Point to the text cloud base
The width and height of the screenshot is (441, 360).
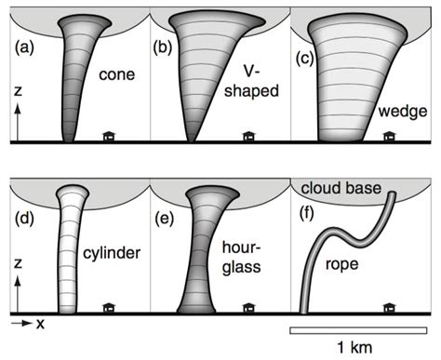coord(341,190)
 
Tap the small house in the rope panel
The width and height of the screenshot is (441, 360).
coord(389,308)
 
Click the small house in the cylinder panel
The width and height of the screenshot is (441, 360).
coord(110,308)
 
